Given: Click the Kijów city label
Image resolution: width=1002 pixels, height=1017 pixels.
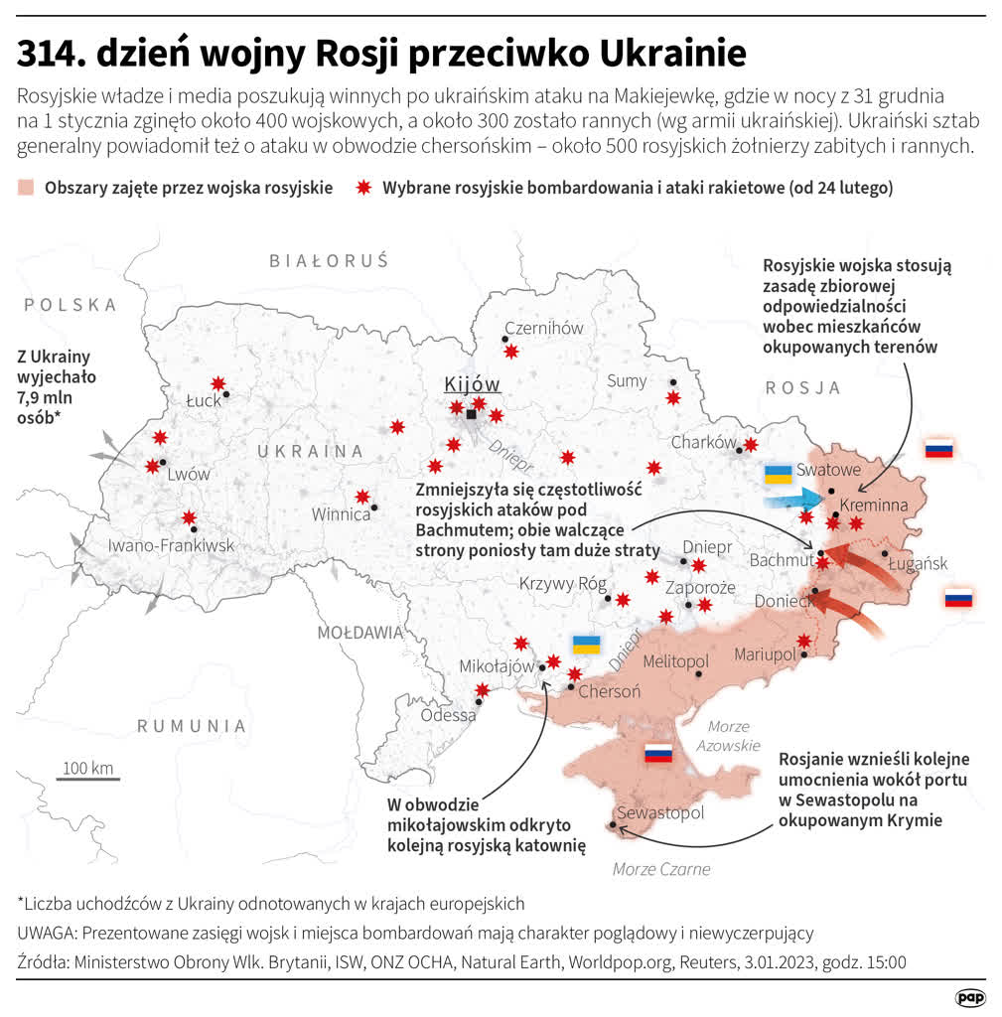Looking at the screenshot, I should [472, 385].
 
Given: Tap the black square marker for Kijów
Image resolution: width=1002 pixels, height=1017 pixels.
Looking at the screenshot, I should [471, 414].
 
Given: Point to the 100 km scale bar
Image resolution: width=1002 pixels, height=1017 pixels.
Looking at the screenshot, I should [87, 779].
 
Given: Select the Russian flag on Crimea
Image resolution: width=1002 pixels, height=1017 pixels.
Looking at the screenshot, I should [658, 754].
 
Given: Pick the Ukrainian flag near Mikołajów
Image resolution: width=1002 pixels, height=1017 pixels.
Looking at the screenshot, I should [586, 644].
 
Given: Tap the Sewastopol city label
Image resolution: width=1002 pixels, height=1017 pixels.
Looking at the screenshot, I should [660, 812].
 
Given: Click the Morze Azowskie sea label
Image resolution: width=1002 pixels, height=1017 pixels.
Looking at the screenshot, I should [727, 735].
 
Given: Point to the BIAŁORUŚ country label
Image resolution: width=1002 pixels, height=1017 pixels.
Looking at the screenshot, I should [329, 261].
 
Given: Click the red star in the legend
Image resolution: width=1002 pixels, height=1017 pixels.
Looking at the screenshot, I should [362, 188].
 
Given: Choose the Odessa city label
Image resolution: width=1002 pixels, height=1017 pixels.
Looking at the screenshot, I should [448, 715].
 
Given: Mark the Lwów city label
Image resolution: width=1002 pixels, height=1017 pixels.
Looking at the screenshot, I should [189, 474].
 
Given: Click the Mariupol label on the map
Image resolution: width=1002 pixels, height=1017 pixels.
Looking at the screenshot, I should [765, 654].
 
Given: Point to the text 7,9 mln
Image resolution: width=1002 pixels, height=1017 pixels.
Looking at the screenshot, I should [46, 398].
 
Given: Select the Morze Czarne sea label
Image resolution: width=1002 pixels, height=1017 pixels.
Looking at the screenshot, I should [661, 869].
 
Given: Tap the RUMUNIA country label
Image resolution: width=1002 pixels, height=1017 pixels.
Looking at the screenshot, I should [192, 726].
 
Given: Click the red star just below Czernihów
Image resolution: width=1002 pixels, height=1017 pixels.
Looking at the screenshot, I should [511, 351].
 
